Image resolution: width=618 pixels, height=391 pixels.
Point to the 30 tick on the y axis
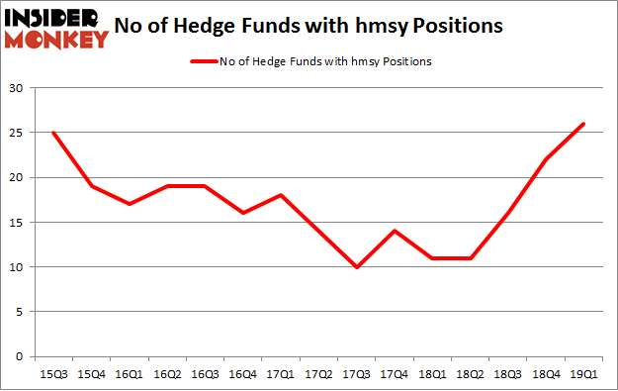(x=17, y=88)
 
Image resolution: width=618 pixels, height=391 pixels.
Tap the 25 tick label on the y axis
(x=17, y=133)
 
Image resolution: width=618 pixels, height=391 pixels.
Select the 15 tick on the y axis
(x=17, y=222)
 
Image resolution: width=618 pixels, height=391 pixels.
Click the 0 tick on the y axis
(x=20, y=356)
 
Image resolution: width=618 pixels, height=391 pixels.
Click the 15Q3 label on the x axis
(x=53, y=373)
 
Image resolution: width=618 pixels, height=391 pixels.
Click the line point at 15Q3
(x=53, y=133)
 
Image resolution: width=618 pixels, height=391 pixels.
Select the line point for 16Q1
(x=131, y=204)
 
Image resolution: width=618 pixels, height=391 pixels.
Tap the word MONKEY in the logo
(x=56, y=40)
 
